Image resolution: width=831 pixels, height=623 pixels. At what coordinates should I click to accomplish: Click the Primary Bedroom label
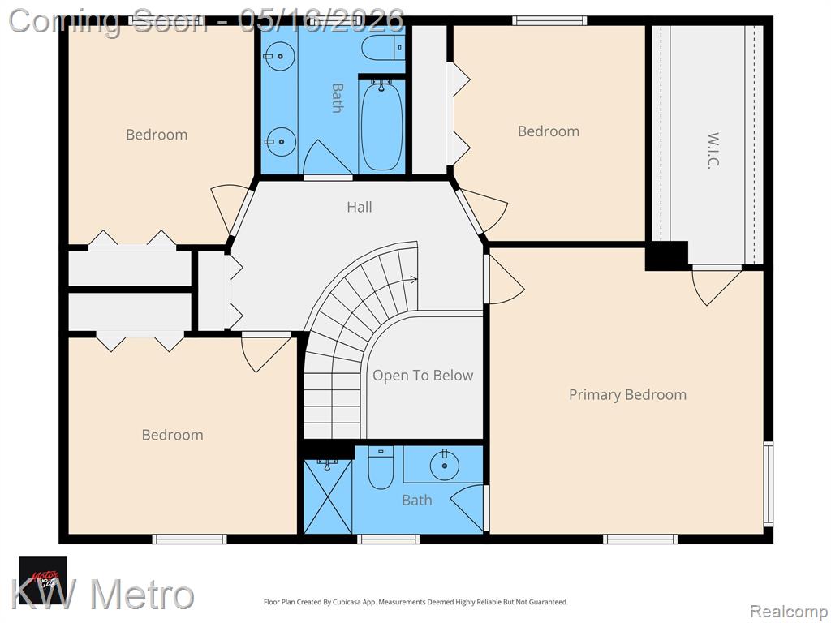point(627,395)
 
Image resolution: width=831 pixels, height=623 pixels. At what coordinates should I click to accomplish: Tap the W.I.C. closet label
point(714,150)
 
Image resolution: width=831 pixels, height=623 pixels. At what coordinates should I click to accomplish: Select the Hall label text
point(360,207)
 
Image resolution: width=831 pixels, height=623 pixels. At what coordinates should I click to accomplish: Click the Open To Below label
point(422,376)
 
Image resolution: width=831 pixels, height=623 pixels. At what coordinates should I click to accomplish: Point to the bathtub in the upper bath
point(381,126)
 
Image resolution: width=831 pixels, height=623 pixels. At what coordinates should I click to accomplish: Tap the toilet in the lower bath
point(381,468)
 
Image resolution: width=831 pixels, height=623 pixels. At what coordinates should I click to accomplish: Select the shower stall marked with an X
point(328,496)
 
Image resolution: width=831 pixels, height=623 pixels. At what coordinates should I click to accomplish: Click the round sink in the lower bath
point(444,465)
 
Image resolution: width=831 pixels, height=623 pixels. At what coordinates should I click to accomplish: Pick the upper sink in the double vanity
point(279,55)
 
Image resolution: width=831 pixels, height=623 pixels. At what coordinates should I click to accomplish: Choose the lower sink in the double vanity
point(280,142)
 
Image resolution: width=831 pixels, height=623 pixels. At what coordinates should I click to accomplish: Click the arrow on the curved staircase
point(413,280)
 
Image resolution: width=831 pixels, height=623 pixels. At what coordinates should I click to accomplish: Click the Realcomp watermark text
point(788,611)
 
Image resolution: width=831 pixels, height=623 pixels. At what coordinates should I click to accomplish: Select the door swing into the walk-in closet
point(717,286)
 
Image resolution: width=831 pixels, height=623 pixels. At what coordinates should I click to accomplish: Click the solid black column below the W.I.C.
point(666,256)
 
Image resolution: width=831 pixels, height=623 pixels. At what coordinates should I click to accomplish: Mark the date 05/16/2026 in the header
point(321,21)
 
